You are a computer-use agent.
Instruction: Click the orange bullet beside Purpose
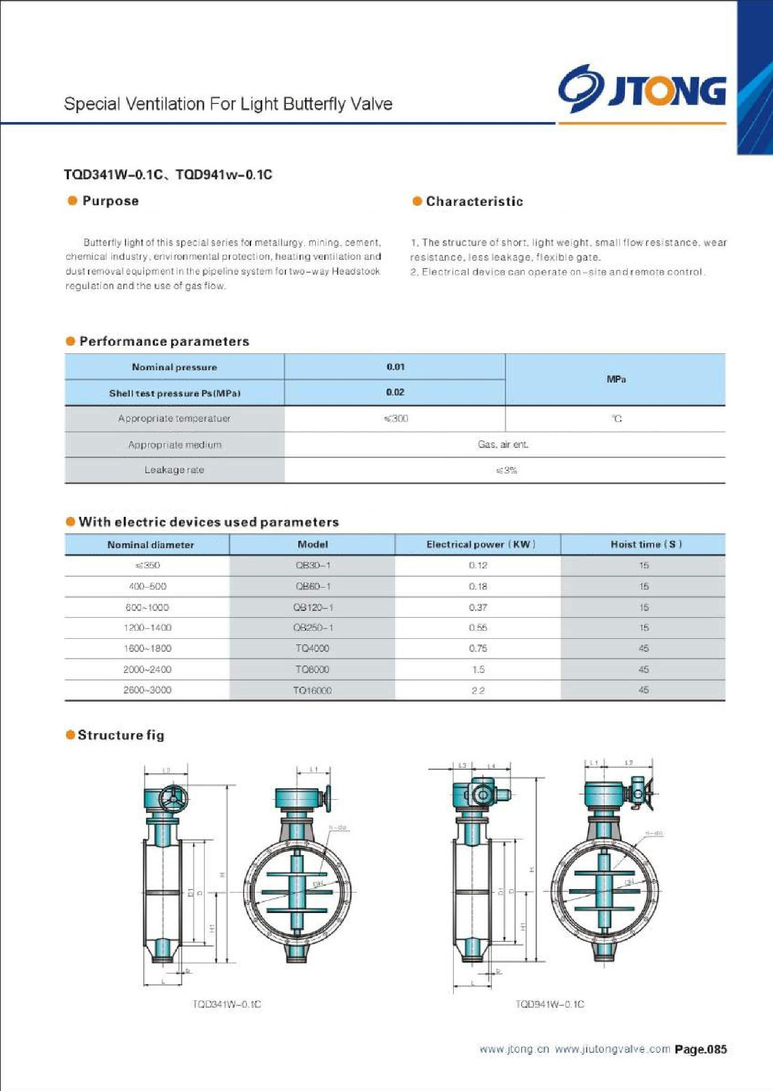point(72,200)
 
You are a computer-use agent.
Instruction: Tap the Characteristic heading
point(474,201)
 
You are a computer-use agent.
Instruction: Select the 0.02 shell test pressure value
point(395,392)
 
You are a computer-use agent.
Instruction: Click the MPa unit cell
point(615,379)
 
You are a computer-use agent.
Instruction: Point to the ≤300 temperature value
point(396,419)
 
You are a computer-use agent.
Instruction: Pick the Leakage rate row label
point(174,470)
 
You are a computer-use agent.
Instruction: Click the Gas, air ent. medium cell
point(504,445)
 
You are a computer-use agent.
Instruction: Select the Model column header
point(312,544)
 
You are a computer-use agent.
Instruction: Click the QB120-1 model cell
point(313,607)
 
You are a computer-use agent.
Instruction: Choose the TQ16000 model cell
point(312,690)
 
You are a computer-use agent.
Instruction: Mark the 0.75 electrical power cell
point(478,648)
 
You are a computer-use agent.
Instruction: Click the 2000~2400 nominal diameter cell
point(147,670)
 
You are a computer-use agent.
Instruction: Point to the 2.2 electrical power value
point(478,690)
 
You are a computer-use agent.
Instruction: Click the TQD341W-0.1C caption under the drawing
point(227,1004)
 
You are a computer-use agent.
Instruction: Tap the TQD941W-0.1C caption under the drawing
point(550,1004)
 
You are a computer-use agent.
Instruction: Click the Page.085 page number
point(701,1049)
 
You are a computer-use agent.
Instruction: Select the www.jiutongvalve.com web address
point(612,1049)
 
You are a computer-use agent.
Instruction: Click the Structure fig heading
point(121,735)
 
